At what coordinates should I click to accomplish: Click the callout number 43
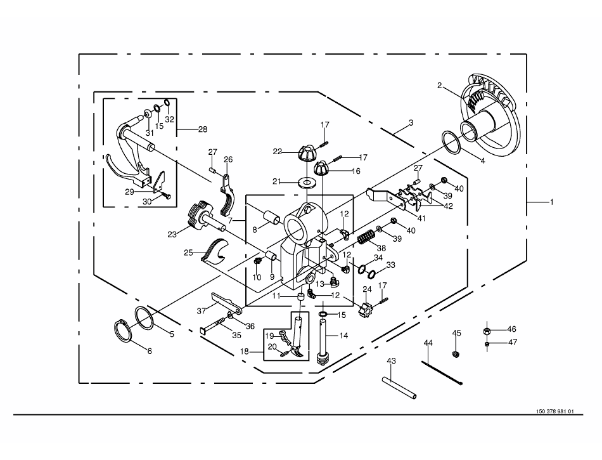click(391, 361)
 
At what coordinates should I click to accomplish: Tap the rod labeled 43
click(399, 388)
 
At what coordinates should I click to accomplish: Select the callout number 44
click(428, 343)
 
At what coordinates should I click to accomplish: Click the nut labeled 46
click(488, 331)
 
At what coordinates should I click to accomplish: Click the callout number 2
click(440, 85)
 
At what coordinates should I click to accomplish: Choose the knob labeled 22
click(305, 154)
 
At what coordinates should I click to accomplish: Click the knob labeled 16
click(322, 169)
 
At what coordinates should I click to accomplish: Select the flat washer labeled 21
click(308, 183)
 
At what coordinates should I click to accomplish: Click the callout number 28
click(203, 129)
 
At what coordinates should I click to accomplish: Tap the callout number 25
click(188, 253)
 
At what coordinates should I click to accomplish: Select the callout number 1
click(551, 202)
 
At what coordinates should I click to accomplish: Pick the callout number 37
click(202, 310)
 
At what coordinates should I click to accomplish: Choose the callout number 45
click(456, 333)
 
